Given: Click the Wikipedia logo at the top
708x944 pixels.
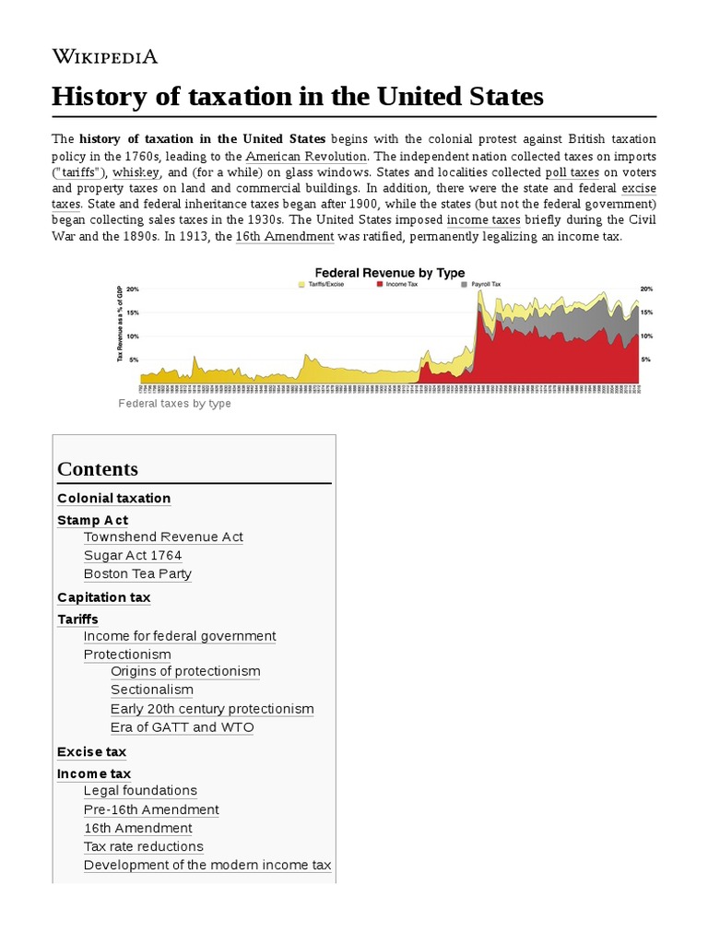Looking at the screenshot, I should (104, 56).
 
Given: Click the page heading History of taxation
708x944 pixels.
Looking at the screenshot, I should (298, 97).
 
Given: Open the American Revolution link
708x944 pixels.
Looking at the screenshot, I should (306, 156).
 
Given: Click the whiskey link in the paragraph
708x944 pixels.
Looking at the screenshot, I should (136, 172).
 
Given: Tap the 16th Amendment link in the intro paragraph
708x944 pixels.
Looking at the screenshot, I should (284, 237).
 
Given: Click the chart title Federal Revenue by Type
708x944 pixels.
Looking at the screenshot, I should (390, 273).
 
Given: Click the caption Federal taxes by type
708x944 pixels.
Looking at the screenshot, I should (175, 404).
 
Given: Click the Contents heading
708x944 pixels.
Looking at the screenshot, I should (98, 468).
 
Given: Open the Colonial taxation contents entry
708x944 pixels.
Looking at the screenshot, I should (113, 498).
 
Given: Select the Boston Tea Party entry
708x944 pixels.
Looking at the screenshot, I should (137, 573).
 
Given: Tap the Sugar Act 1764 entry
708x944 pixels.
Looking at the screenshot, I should (132, 555).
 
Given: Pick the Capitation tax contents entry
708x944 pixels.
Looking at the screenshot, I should (103, 597).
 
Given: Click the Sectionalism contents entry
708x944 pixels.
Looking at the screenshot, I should (152, 690).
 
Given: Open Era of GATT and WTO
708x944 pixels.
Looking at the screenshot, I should (182, 727).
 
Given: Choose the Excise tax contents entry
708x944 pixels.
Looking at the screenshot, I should (91, 751).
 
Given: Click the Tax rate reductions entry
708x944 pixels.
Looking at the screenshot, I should (143, 846).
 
